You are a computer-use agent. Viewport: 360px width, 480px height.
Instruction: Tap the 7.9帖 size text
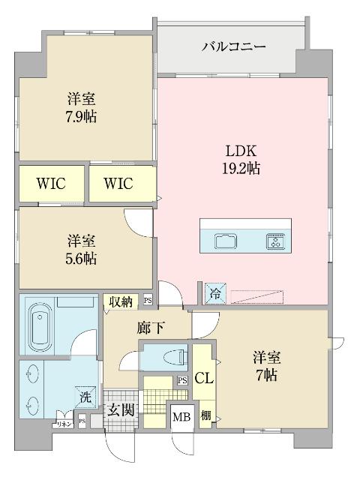coord(81,116)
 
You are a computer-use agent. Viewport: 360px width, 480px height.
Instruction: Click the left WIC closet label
coord(52,184)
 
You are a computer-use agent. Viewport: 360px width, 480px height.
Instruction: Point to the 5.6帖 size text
coord(81,259)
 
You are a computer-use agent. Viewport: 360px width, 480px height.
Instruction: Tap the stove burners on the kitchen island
coord(274,241)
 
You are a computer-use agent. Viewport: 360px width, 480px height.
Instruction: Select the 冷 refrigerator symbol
coord(214,292)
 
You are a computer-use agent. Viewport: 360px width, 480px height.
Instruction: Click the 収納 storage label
coord(121,301)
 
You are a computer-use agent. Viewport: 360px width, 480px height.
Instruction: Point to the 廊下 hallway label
coord(147,328)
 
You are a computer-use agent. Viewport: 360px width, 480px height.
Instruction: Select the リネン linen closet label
coord(62,424)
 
